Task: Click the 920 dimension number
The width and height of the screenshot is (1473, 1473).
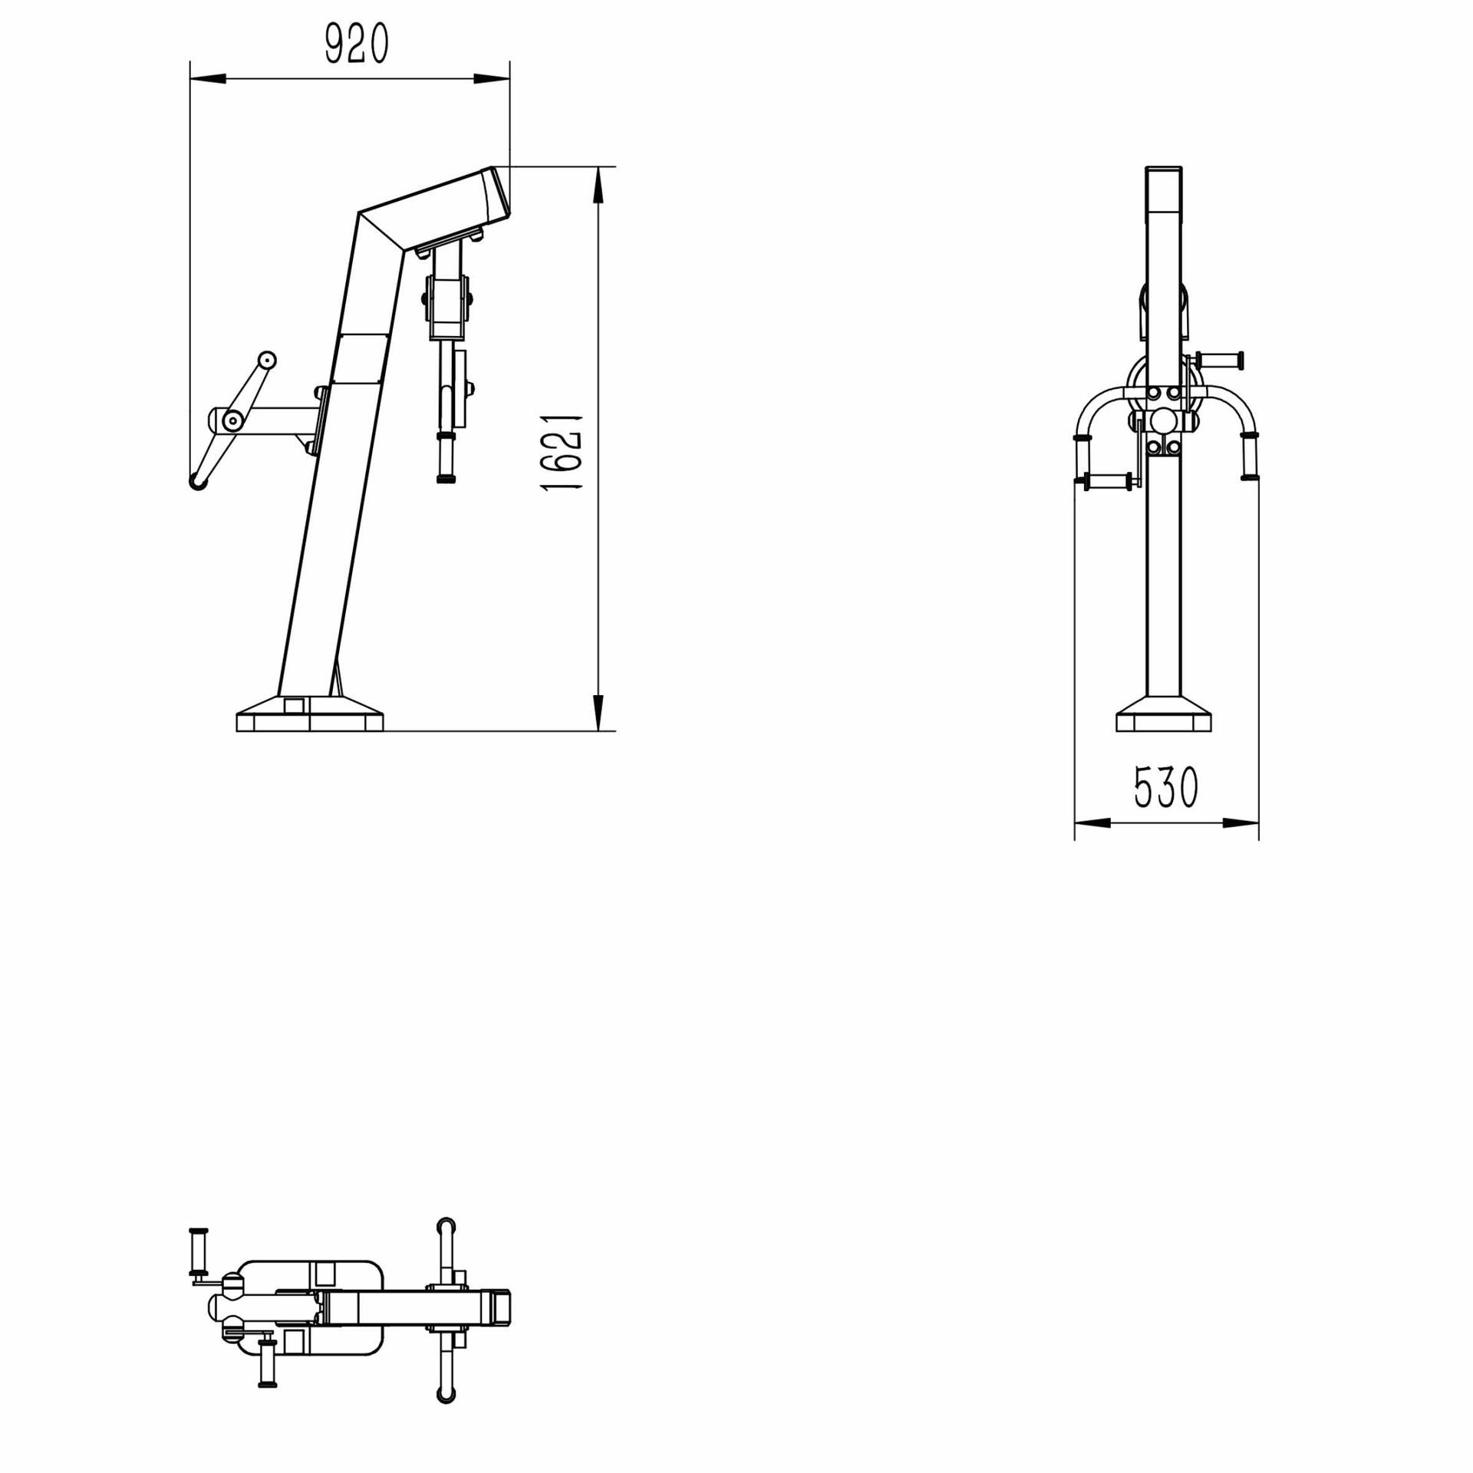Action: [357, 44]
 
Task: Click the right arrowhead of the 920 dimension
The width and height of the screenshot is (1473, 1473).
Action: [491, 78]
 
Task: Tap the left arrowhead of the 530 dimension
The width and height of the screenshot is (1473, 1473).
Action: [1092, 823]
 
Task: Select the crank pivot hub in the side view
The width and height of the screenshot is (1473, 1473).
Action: [231, 419]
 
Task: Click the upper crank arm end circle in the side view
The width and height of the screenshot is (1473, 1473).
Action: [266, 359]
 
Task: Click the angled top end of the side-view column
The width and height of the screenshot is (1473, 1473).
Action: [495, 192]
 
